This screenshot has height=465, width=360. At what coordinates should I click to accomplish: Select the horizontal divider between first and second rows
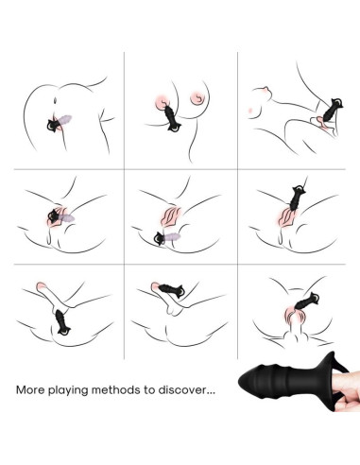180,167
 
